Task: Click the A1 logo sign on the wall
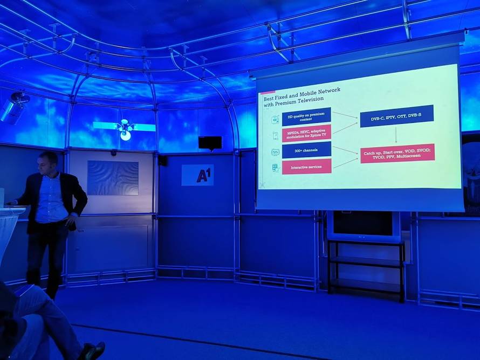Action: (197, 175)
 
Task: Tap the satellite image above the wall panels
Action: (125, 128)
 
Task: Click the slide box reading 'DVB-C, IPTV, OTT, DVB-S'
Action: (396, 116)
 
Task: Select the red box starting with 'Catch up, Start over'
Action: (397, 153)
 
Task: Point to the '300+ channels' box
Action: (306, 149)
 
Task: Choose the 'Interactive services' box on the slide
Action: (306, 167)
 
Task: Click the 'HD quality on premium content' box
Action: (306, 116)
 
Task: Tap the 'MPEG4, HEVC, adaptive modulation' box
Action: (306, 133)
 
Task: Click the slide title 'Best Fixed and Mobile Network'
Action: (301, 94)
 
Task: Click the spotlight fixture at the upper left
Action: (15, 107)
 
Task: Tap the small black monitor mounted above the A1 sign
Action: (210, 143)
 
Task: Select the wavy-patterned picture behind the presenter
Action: (113, 177)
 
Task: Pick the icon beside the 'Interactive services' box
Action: (275, 168)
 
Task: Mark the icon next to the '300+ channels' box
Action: (275, 152)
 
